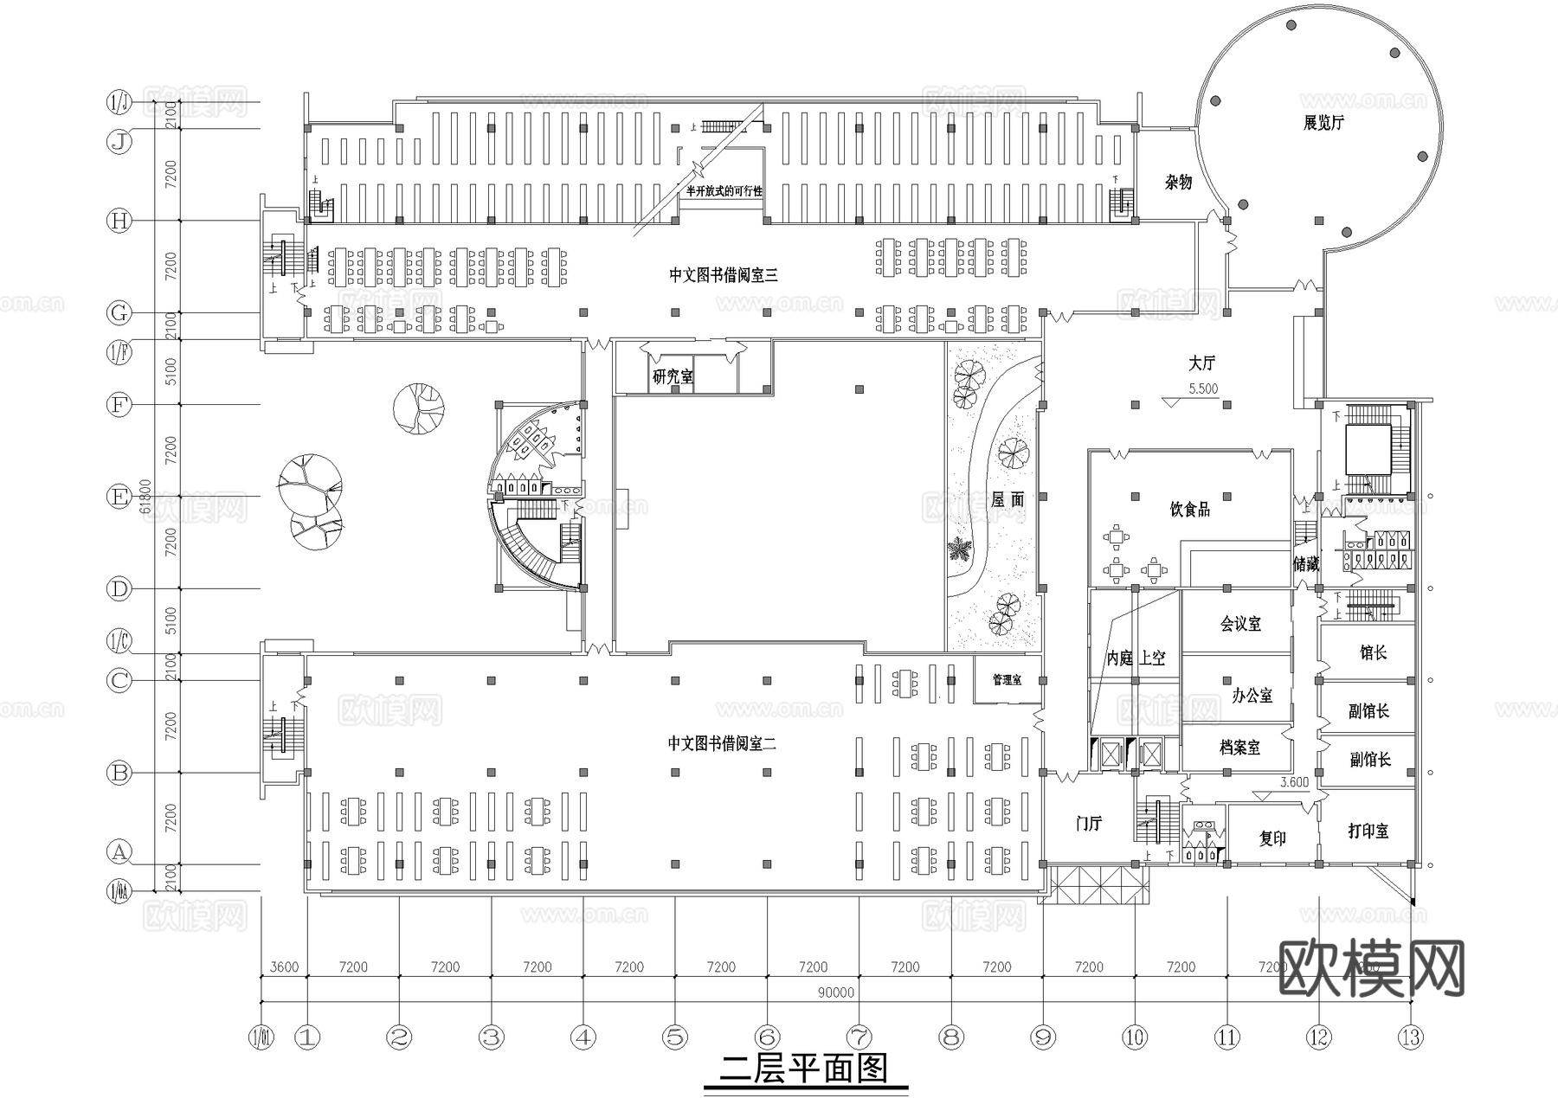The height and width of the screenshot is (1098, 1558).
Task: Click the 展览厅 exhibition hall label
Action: coord(1324,123)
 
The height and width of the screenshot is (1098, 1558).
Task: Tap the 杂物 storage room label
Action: coord(1178,182)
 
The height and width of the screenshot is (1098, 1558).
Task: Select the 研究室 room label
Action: coord(673,377)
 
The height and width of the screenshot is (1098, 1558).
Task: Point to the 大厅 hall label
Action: coord(1201,363)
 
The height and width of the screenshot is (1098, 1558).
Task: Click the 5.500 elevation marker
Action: coord(1203,389)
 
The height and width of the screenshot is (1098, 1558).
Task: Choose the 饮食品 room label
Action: coord(1190,510)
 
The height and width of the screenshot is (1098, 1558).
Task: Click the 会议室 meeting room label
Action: coord(1240,623)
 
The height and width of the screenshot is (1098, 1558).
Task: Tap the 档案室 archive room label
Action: coord(1240,748)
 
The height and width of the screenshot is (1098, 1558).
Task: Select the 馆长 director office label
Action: coord(1374,652)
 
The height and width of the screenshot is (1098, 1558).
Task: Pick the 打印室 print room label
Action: coord(1368,832)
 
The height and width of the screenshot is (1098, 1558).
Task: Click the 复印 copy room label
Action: coord(1272,838)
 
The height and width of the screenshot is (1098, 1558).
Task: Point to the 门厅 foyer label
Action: coord(1089,824)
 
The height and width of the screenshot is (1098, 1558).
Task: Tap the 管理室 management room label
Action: coord(1007,681)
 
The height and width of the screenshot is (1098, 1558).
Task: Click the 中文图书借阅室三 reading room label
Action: coord(724,275)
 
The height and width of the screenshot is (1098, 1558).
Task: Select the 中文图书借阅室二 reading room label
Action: coord(722,743)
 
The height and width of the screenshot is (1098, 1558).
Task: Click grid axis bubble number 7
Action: coord(859,1037)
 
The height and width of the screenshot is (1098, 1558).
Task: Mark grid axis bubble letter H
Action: coord(119,222)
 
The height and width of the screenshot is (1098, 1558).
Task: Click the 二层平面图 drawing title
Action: coord(805,1069)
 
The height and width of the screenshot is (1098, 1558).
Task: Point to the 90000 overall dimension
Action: coord(835,993)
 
